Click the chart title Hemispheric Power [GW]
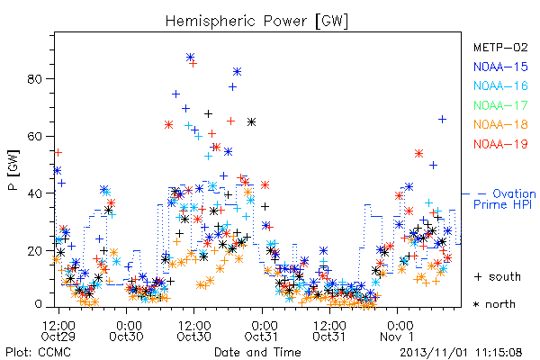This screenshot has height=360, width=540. click(x=256, y=21)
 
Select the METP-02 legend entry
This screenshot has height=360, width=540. click(x=500, y=47)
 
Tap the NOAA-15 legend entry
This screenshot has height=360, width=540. click(x=500, y=67)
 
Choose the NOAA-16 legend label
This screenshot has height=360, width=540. click(x=500, y=85)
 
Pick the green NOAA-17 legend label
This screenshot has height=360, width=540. click(x=500, y=105)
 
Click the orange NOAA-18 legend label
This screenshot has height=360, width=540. click(x=500, y=124)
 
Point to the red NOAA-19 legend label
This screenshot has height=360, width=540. click(x=500, y=144)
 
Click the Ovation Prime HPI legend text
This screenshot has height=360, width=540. click(x=505, y=199)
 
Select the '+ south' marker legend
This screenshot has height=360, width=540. click(x=498, y=276)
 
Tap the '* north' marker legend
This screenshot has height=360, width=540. click(x=494, y=304)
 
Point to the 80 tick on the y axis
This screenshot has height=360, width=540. click(x=34, y=79)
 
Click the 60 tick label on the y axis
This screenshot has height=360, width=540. click(x=34, y=137)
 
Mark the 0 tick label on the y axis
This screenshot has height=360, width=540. click(x=38, y=304)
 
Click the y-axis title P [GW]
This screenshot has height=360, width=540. click(x=13, y=170)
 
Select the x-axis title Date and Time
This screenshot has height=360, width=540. click(x=257, y=352)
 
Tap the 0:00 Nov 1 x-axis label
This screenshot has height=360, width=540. click(x=399, y=331)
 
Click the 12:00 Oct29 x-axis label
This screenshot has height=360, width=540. click(x=58, y=331)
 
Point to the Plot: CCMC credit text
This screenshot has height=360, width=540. click(x=39, y=352)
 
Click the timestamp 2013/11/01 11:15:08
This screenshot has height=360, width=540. click(x=461, y=352)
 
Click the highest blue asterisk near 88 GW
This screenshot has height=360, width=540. click(x=190, y=58)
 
